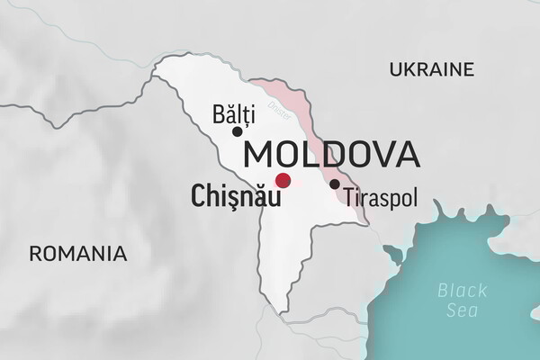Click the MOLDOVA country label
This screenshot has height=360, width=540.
coord(331,154)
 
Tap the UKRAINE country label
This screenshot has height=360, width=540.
coord(431,69)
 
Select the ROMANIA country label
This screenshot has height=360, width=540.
coord(77,253)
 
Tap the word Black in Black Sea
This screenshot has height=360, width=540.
coord(462,290)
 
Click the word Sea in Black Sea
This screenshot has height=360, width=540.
coord(462,310)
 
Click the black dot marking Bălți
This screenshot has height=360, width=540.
coord(238,131)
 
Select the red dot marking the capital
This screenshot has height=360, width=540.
coord(283,180)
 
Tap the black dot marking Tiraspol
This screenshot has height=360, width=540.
coord(335,184)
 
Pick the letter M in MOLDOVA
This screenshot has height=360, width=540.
coord(258,154)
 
